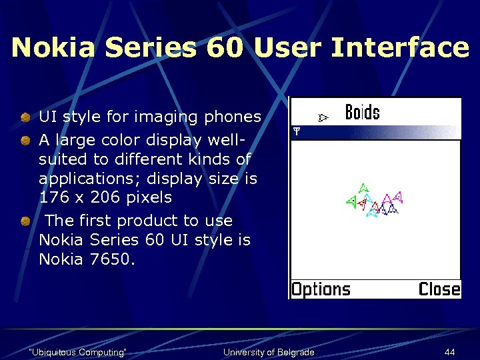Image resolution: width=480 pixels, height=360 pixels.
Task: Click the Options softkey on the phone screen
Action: pyautogui.click(x=321, y=289)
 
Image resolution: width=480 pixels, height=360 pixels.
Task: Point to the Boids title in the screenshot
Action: pyautogui.click(x=362, y=112)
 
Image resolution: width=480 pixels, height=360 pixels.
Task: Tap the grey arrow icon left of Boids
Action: pyautogui.click(x=323, y=118)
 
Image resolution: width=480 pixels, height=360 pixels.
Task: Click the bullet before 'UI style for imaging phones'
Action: pyautogui.click(x=25, y=117)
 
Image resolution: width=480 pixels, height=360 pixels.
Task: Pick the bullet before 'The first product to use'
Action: pyautogui.click(x=25, y=221)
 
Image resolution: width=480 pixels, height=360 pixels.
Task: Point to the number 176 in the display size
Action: pyautogui.click(x=53, y=198)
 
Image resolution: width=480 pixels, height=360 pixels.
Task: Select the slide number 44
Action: pyautogui.click(x=451, y=352)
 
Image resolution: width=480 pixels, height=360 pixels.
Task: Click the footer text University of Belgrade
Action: pyautogui.click(x=269, y=352)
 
